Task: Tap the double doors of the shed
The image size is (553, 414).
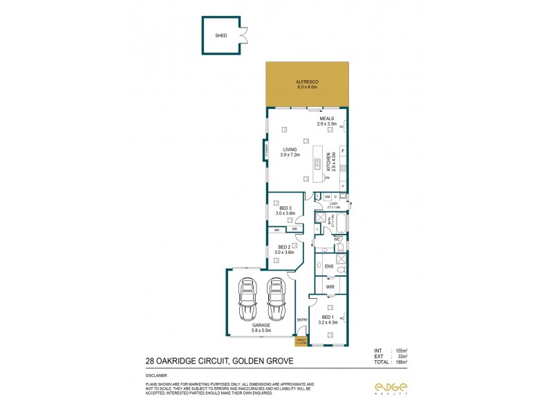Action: click(242, 34)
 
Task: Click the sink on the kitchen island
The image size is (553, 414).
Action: click(318, 164)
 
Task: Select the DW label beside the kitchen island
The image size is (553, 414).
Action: click(326, 178)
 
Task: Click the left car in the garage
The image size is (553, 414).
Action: click(247, 300)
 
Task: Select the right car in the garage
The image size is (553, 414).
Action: click(276, 300)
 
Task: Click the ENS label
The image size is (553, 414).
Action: click(329, 266)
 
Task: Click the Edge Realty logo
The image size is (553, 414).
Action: click(390, 388)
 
